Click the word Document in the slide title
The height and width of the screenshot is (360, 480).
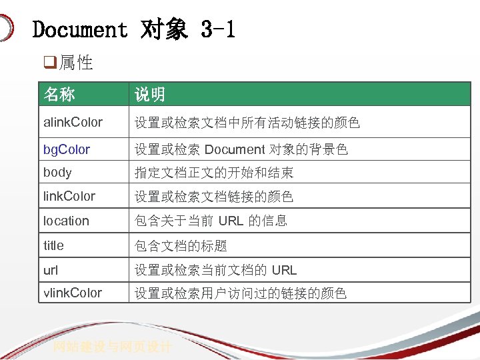pyautogui.click(x=79, y=30)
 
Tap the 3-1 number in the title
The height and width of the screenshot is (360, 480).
pyautogui.click(x=218, y=30)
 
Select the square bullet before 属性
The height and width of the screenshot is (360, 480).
pyautogui.click(x=49, y=63)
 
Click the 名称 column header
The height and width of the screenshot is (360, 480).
pyautogui.click(x=59, y=95)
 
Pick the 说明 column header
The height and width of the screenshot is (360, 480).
pyautogui.click(x=150, y=95)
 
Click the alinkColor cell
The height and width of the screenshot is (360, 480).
pyautogui.click(x=73, y=122)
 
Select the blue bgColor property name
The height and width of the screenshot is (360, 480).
pyautogui.click(x=67, y=149)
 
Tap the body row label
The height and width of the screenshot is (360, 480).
pyautogui.click(x=57, y=172)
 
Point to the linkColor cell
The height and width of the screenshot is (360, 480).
pyautogui.click(x=69, y=196)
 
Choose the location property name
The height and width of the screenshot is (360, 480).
pyautogui.click(x=66, y=221)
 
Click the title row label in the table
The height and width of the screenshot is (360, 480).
pyautogui.click(x=54, y=245)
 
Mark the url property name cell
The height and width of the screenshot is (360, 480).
pyautogui.click(x=51, y=269)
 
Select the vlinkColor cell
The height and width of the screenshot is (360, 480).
pyautogui.click(x=73, y=293)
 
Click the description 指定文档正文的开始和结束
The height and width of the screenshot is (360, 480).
pyautogui.click(x=214, y=173)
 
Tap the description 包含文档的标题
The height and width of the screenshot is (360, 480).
pyautogui.click(x=181, y=246)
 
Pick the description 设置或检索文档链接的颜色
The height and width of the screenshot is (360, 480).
pyautogui.click(x=214, y=197)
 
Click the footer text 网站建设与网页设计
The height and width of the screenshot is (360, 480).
pyautogui.click(x=113, y=347)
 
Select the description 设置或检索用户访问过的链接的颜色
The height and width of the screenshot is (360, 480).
pyautogui.click(x=241, y=293)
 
